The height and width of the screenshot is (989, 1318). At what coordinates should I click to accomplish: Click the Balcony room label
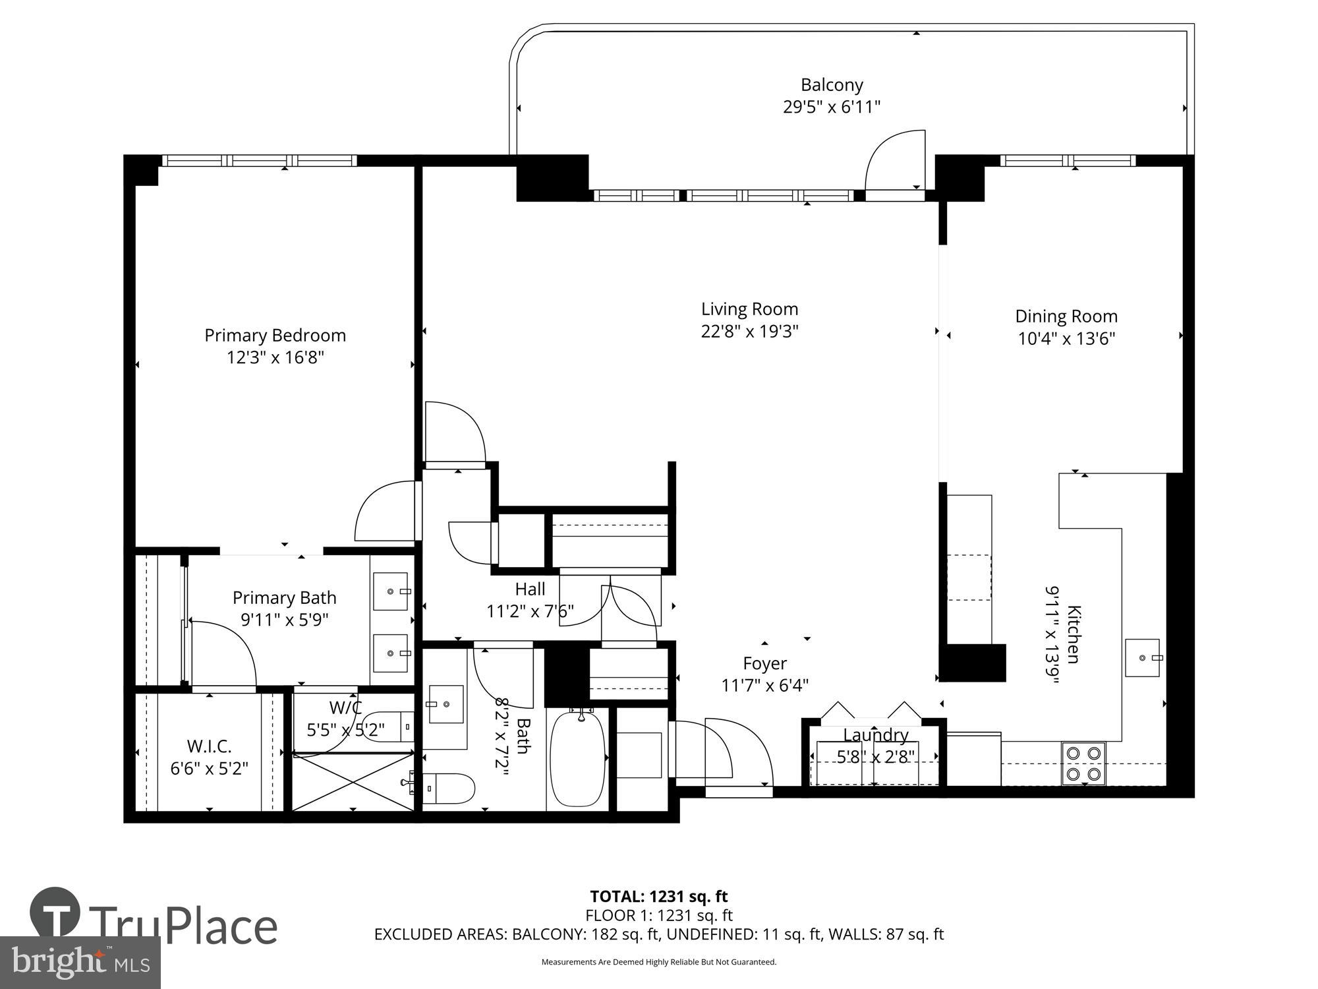pyautogui.click(x=832, y=85)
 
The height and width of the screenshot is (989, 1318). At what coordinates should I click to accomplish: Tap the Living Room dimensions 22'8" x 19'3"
pyautogui.click(x=749, y=331)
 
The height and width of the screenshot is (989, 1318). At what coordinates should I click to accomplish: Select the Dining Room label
pyautogui.click(x=1066, y=316)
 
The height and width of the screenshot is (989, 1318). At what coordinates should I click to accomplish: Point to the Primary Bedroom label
pyautogui.click(x=275, y=336)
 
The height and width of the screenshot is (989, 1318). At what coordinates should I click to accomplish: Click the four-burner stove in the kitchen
pyautogui.click(x=1083, y=763)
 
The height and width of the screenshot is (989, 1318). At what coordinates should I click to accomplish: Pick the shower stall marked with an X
pyautogui.click(x=353, y=783)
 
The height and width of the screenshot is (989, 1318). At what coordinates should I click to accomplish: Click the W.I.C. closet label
pyautogui.click(x=209, y=746)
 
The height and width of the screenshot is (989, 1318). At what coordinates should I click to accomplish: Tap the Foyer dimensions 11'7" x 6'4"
pyautogui.click(x=764, y=686)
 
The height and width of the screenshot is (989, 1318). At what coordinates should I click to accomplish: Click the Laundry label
pyautogui.click(x=875, y=735)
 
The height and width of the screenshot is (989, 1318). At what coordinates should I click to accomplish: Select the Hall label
pyautogui.click(x=530, y=589)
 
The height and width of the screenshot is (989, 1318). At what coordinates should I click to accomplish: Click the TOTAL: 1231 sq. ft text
pyautogui.click(x=658, y=897)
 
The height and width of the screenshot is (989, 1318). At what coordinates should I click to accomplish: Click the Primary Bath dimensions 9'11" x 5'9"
pyautogui.click(x=284, y=620)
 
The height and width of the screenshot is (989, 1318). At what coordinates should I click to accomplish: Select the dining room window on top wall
pyautogui.click(x=1068, y=160)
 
